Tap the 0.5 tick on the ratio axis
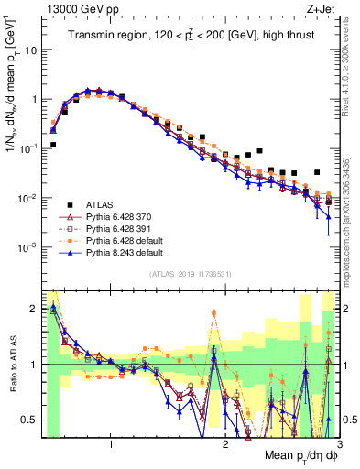tap(32, 420)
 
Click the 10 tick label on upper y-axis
tap(32, 49)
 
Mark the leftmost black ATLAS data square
tap(53, 145)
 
